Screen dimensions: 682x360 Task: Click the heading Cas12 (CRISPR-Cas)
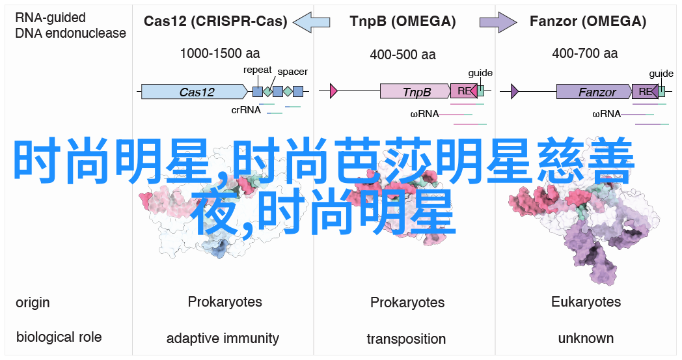[215, 21]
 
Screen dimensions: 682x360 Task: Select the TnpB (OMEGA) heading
[402, 21]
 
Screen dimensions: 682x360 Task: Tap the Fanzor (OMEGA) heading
[588, 21]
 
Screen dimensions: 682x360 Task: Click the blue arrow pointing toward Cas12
[311, 21]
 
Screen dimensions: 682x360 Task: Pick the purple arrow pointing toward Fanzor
[498, 21]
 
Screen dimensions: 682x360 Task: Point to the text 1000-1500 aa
[220, 53]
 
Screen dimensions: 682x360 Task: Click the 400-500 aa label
[403, 55]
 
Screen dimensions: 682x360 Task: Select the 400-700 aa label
[585, 53]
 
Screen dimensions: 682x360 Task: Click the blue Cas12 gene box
[195, 91]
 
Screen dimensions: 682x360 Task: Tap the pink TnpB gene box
[415, 91]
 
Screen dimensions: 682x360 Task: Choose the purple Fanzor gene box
[594, 91]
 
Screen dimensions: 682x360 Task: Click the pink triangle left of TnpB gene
[334, 91]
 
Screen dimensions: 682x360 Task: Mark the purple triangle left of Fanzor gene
[515, 91]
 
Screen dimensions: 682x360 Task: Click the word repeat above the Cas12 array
[257, 70]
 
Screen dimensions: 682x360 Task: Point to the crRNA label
[246, 110]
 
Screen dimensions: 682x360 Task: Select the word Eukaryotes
[586, 302]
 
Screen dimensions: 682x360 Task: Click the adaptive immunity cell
[223, 339]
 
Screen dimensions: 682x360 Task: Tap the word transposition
[406, 339]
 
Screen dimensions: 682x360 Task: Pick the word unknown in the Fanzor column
[586, 339]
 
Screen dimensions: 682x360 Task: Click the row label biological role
[59, 337]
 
